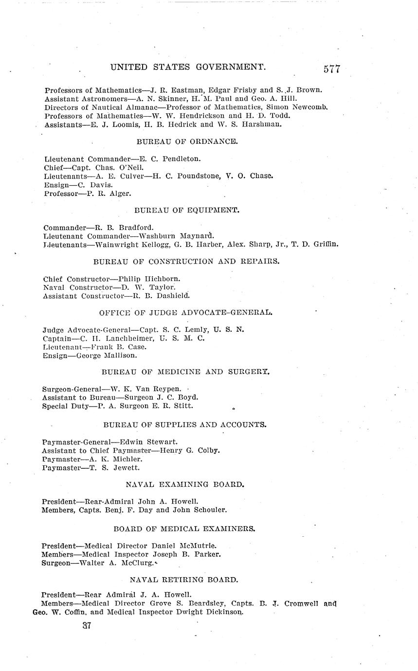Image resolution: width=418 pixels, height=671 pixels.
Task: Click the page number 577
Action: [x=331, y=69]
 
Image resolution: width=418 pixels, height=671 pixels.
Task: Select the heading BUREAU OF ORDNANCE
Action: [x=187, y=141]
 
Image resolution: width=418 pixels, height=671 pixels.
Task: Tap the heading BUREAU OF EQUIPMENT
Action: [x=186, y=210]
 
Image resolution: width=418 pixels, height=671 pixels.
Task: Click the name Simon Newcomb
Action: [x=299, y=107]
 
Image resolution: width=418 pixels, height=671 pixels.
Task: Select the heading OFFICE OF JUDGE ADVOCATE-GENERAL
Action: [x=186, y=312]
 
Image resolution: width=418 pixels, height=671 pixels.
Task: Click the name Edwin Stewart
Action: [x=148, y=442]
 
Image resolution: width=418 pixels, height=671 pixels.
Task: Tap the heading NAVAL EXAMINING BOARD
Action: [x=185, y=484]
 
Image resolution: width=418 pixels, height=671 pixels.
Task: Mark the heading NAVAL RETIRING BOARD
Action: [x=184, y=580]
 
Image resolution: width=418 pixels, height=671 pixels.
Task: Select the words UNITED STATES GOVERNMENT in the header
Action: [x=188, y=67]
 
